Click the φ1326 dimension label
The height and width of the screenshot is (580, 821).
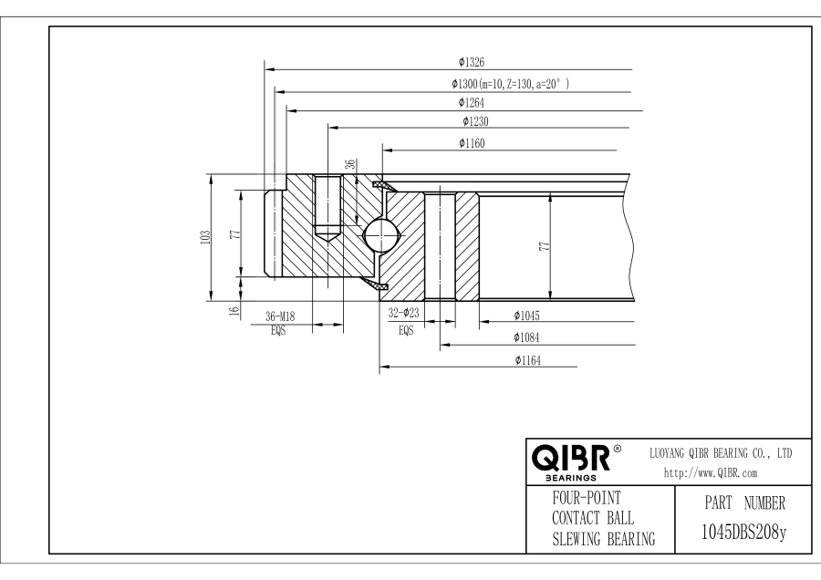(471, 63)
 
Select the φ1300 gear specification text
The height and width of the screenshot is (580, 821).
(511, 84)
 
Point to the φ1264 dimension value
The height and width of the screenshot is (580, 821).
(472, 103)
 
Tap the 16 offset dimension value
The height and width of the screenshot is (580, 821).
(234, 311)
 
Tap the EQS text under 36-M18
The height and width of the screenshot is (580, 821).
(278, 331)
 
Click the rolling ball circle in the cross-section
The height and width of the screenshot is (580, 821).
(380, 235)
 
